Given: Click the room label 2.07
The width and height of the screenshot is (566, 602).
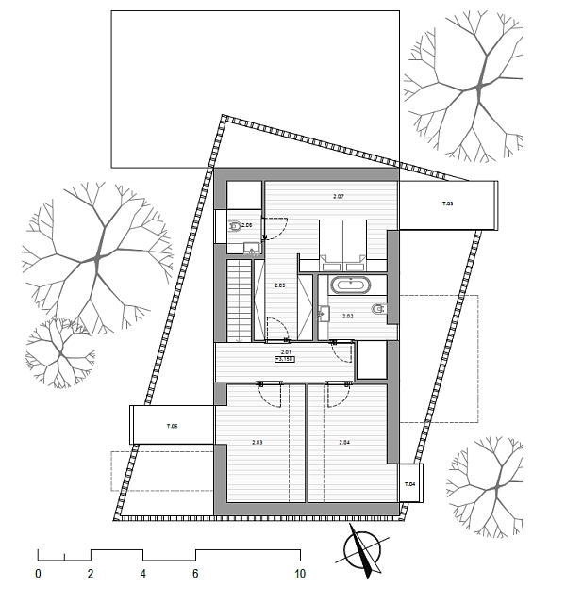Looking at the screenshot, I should pyautogui.click(x=339, y=196).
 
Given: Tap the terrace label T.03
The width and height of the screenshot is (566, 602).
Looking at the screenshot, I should pyautogui.click(x=447, y=204).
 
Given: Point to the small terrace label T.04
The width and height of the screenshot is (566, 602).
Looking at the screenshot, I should pyautogui.click(x=410, y=484).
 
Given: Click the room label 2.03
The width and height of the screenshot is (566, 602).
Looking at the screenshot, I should pyautogui.click(x=257, y=442).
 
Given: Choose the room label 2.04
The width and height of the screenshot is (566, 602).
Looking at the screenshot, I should pyautogui.click(x=344, y=442).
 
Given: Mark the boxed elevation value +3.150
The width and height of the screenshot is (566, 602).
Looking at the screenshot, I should pyautogui.click(x=286, y=359).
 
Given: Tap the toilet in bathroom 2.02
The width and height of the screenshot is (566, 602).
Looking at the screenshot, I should pyautogui.click(x=378, y=309).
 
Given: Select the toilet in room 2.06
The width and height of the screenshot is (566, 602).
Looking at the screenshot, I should pyautogui.click(x=234, y=226).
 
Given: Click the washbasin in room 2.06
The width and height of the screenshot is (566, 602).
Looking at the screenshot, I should pyautogui.click(x=251, y=248).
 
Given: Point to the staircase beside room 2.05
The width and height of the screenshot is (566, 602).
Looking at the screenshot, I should pyautogui.click(x=240, y=299).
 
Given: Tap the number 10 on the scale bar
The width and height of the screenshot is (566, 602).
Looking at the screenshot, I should pyautogui.click(x=299, y=573).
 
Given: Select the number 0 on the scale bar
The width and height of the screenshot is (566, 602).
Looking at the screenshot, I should pyautogui.click(x=38, y=573).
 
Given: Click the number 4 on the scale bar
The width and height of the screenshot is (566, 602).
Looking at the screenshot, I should pyautogui.click(x=143, y=573).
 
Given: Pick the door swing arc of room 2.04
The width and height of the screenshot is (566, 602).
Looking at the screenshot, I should pyautogui.click(x=337, y=395).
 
